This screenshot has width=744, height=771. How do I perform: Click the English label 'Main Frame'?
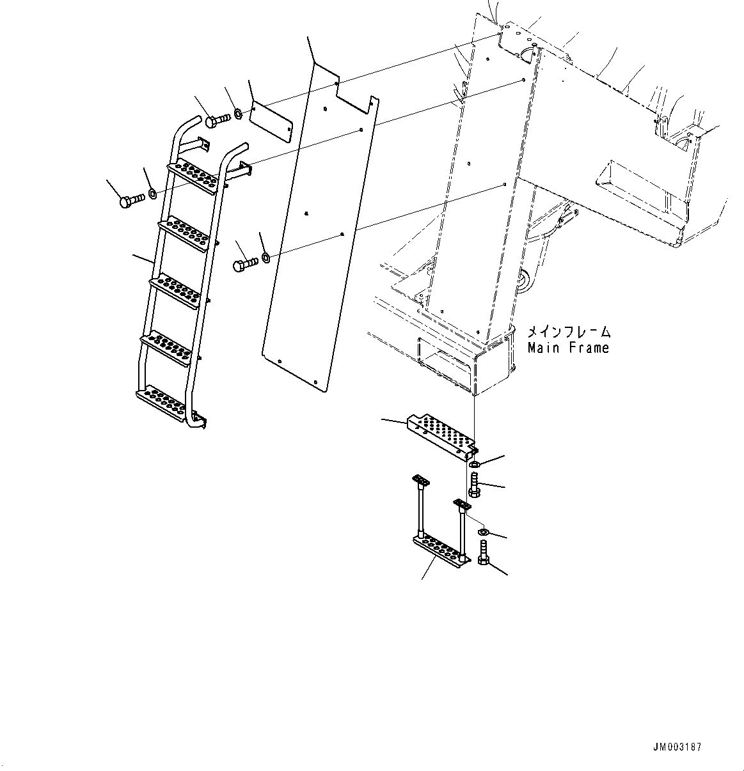click(568, 348)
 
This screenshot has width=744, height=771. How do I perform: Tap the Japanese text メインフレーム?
click(568, 332)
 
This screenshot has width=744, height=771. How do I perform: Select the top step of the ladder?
click(193, 176)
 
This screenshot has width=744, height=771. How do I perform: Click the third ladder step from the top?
click(175, 288)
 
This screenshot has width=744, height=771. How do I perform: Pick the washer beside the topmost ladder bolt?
click(237, 114)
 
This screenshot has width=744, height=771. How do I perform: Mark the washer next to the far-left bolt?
click(152, 193)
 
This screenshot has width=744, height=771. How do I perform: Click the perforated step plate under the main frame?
click(442, 436)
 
